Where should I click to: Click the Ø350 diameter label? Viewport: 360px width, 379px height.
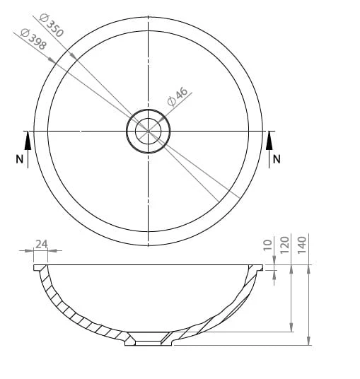pos(51,25)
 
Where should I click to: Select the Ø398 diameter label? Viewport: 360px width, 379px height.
pos(33,39)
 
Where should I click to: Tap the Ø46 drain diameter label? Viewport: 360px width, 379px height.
pos(178,96)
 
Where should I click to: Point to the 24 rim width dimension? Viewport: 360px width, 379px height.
pos(41,244)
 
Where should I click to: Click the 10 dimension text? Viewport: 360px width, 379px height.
pos(268,245)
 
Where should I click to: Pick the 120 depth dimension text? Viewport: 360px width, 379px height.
pos(285,245)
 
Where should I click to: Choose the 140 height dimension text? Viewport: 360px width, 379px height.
pos(302,245)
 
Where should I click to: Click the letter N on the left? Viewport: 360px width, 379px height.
pos(20,159)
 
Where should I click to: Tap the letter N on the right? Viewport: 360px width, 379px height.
pos(277,159)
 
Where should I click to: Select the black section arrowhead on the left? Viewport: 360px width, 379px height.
pos(28,140)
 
